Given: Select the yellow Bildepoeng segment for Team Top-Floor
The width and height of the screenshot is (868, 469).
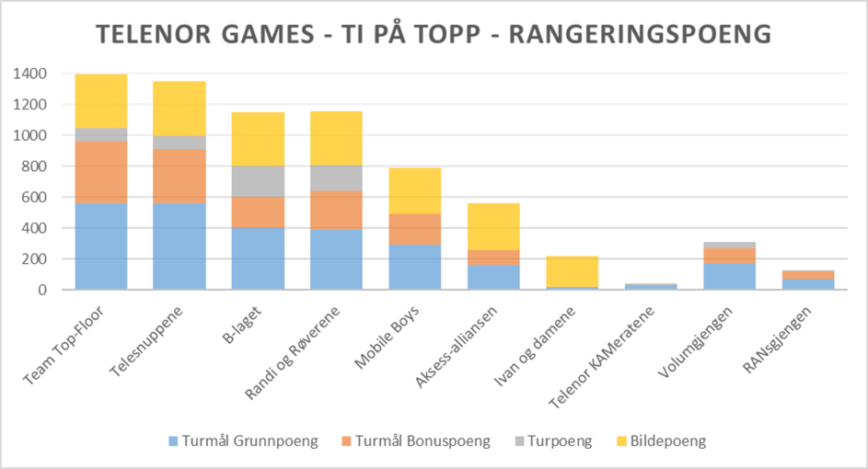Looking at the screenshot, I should (101, 101).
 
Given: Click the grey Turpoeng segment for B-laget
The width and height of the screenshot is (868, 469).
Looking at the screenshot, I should (258, 181).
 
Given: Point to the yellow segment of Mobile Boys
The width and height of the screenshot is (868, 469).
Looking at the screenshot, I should (415, 190).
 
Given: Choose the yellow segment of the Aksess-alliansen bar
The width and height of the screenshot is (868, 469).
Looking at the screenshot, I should (493, 226).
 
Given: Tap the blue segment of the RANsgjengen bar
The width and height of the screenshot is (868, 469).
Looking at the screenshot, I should (808, 284).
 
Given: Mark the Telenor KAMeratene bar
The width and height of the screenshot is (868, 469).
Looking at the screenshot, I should (651, 286).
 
